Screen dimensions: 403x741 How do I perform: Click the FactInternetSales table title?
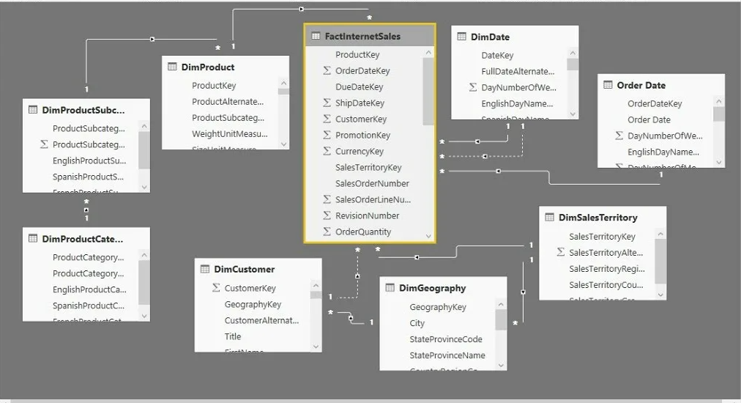click(x=362, y=36)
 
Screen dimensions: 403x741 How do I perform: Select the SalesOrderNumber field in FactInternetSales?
click(x=372, y=183)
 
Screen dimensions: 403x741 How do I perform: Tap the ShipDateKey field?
click(x=360, y=103)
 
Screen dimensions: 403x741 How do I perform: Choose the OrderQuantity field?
click(x=363, y=232)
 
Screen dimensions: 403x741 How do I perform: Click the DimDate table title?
click(x=490, y=37)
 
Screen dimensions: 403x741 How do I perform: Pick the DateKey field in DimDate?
click(x=497, y=55)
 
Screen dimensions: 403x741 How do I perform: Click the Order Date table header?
click(x=641, y=85)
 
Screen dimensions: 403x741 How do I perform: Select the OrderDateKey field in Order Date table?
click(x=655, y=103)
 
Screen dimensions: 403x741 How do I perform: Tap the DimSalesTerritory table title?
click(x=597, y=218)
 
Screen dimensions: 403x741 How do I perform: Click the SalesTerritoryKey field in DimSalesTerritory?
click(x=602, y=237)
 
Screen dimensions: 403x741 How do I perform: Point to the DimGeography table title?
click(x=432, y=288)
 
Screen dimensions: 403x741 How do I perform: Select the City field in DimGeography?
click(x=417, y=323)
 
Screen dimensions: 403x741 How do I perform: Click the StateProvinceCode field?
click(x=446, y=339)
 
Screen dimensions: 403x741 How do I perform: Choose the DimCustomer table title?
click(x=244, y=269)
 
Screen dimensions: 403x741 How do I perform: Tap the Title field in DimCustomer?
click(x=233, y=336)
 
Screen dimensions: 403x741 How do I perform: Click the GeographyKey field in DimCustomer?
click(x=253, y=304)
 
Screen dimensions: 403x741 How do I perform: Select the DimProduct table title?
click(x=207, y=67)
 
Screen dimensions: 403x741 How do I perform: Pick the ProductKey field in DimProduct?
click(x=214, y=85)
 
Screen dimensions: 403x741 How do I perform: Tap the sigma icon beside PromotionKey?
click(x=327, y=135)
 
